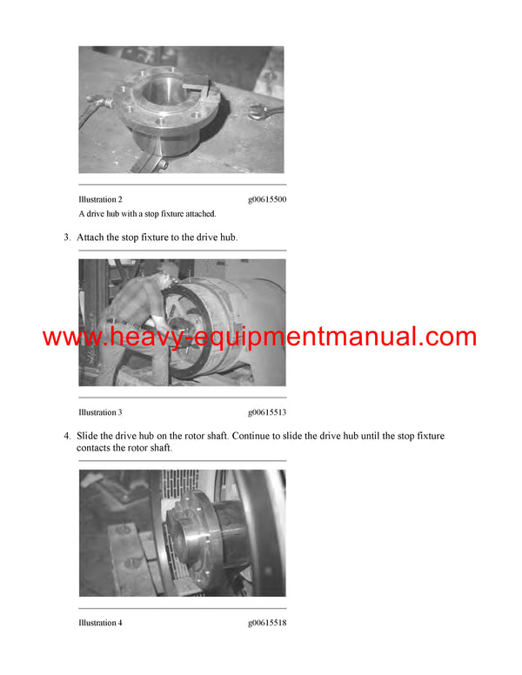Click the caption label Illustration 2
(100, 200)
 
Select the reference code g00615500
(266, 200)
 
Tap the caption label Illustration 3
(100, 412)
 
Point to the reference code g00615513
(266, 412)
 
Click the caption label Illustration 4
(100, 623)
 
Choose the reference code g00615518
(266, 623)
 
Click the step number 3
(66, 237)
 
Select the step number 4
(66, 436)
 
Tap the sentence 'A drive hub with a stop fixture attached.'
(147, 214)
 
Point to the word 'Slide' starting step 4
(90, 436)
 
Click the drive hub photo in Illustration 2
(181, 110)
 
